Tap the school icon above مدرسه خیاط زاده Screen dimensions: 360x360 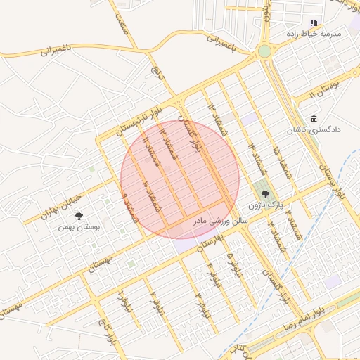(314, 22)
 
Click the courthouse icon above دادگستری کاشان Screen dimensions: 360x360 (314, 120)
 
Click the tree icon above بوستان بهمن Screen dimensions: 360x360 (77, 215)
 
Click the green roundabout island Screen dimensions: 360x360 (264, 51)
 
